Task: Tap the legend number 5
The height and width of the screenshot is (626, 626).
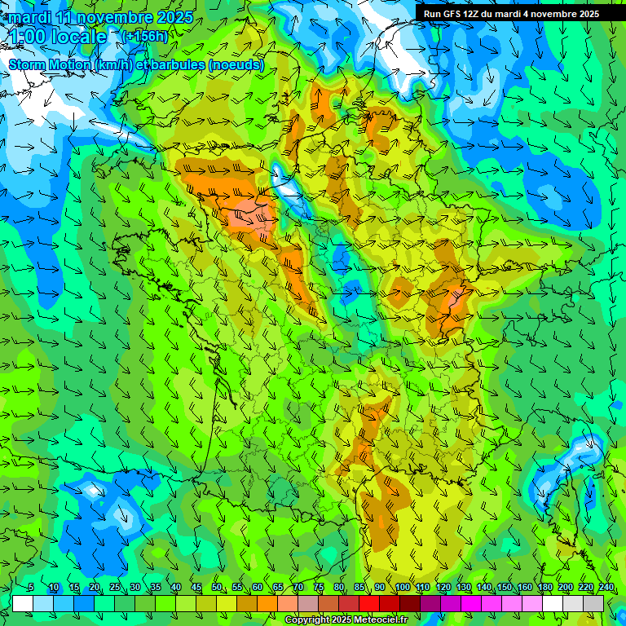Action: [30, 588]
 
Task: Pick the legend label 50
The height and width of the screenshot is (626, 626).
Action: [217, 588]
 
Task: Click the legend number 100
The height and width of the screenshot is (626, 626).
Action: [402, 588]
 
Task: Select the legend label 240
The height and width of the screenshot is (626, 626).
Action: [606, 588]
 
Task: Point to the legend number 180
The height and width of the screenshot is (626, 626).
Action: [544, 588]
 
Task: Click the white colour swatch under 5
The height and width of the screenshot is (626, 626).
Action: [23, 603]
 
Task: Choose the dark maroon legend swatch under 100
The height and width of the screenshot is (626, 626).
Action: [410, 603]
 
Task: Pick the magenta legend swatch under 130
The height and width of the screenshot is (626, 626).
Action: [471, 603]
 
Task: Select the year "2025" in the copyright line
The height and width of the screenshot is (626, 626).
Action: [333, 620]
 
